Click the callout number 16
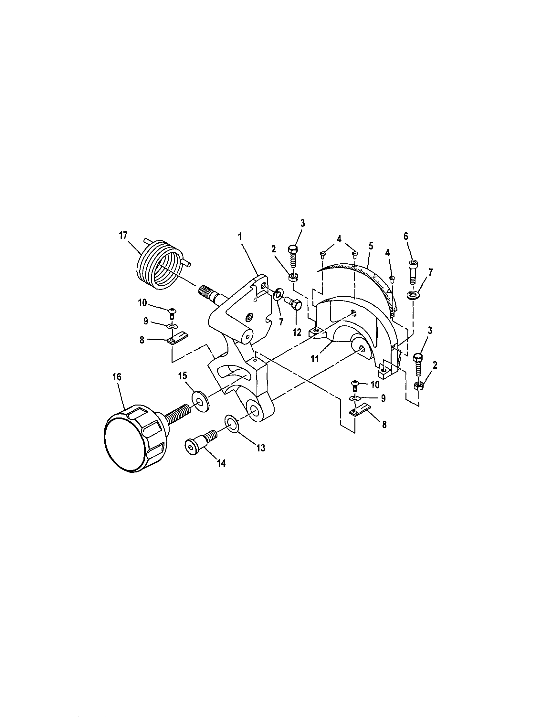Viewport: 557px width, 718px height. point(117,376)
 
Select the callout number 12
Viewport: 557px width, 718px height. point(297,333)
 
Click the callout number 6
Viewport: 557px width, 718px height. point(406,236)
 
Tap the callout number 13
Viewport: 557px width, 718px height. point(261,448)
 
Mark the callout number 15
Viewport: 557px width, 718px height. point(183,375)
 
